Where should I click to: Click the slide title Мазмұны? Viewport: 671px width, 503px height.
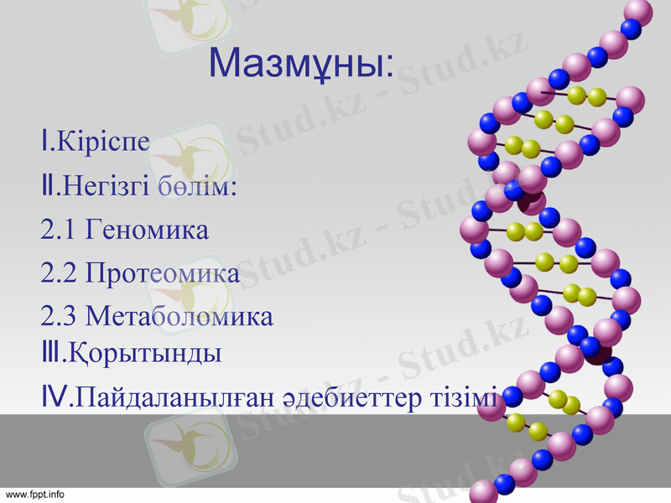click(x=299, y=63)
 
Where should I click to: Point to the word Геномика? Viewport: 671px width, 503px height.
click(x=147, y=230)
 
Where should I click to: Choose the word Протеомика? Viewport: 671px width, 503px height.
click(x=163, y=273)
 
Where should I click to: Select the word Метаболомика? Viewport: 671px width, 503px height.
click(x=179, y=317)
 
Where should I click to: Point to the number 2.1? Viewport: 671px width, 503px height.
click(x=58, y=230)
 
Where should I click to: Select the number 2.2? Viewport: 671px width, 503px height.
click(x=58, y=273)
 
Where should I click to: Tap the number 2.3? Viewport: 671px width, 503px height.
click(x=58, y=317)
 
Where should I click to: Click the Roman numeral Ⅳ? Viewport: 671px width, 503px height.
click(x=53, y=396)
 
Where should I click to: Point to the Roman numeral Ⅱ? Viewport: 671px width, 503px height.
click(x=47, y=184)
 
